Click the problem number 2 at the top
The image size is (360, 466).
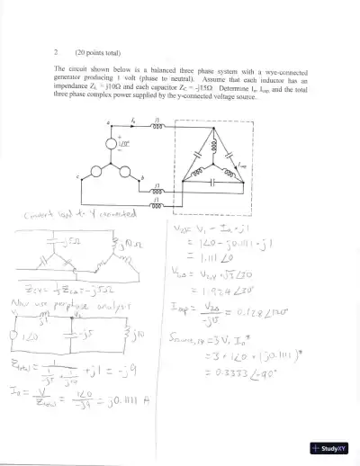click(x=56, y=51)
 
